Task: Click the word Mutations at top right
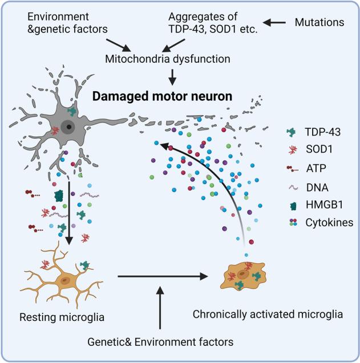[x=321, y=22]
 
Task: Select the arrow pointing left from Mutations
[x=276, y=22]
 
